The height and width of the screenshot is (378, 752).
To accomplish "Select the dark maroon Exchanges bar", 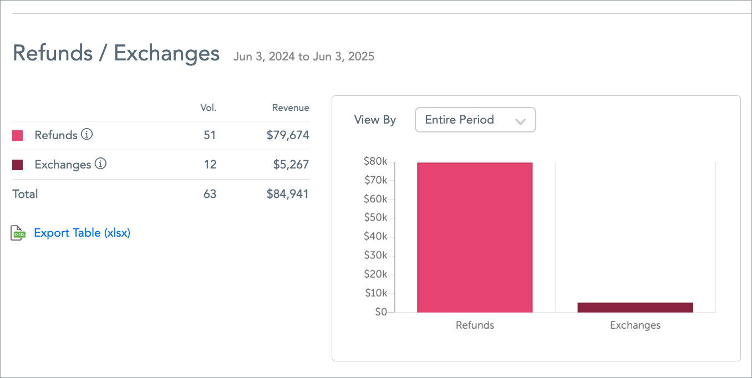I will [x=635, y=308].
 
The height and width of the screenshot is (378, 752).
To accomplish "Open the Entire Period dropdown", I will [x=475, y=120].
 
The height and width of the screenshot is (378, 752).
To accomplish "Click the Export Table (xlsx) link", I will [x=82, y=233].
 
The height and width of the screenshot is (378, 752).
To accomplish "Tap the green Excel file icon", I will [x=18, y=233].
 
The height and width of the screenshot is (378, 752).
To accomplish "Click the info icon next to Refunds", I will [x=87, y=135].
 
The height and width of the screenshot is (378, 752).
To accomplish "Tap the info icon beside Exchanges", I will [x=100, y=164].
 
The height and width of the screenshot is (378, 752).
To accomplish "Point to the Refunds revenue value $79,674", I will [x=287, y=135].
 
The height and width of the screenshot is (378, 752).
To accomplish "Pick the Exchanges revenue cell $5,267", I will [x=291, y=165].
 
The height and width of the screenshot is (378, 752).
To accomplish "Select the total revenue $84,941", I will [x=287, y=194].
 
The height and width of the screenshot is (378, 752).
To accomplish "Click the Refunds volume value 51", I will [x=210, y=135].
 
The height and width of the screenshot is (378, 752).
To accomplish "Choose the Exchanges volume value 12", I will [x=210, y=165].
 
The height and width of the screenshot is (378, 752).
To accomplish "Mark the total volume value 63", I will [x=210, y=194].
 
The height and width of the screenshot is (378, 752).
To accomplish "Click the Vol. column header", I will [x=208, y=108].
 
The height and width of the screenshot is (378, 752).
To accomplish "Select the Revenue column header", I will [x=291, y=108].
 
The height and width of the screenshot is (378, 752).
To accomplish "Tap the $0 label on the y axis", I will [x=380, y=312].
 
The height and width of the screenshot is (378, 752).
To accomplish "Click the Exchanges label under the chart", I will [x=635, y=325].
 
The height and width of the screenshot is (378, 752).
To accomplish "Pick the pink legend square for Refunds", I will [x=18, y=135].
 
